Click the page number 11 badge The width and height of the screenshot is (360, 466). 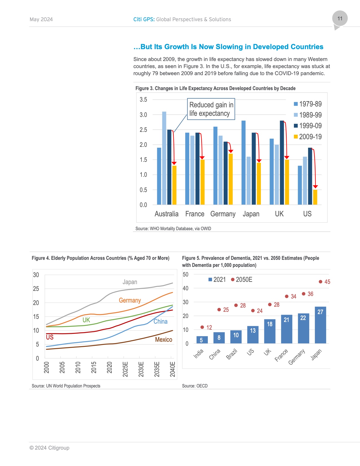340,19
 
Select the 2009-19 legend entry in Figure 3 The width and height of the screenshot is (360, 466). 307,137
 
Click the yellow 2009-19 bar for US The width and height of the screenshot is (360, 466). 315,197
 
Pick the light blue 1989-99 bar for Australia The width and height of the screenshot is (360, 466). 164,158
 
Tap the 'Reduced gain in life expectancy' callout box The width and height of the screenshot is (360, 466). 211,109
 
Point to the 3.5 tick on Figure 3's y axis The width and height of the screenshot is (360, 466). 143,99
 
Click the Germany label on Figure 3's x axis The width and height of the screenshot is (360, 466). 223,214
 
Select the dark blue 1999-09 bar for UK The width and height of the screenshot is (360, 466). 282,162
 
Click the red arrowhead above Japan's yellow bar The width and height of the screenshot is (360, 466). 259,161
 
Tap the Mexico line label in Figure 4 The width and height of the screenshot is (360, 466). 163,339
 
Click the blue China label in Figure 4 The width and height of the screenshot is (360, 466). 160,321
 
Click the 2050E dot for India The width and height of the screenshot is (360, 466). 202,327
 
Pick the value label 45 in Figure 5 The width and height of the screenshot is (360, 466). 327,282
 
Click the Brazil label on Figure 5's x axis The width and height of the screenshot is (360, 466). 232,354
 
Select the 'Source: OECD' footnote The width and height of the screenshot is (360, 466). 195,386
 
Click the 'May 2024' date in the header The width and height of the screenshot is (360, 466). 41,19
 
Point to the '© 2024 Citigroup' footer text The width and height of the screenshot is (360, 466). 49,448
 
